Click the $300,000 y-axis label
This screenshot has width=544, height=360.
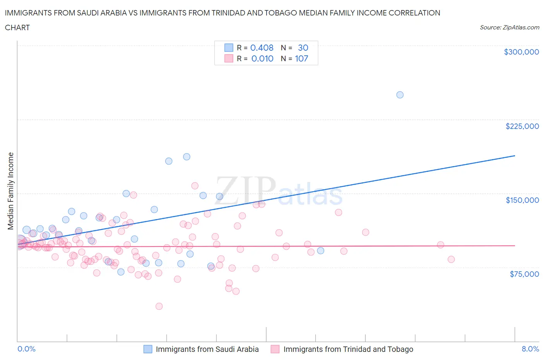coord(521,52)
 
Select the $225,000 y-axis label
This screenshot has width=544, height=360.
coord(522,126)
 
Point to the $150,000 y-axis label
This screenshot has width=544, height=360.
coord(522,200)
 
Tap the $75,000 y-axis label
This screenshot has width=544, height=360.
coord(524,274)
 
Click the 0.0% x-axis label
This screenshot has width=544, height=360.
coord(26,349)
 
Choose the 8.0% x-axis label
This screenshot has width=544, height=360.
coord(530,349)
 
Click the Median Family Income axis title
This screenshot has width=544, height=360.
coord(10,191)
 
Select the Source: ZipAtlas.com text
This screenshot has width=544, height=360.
coord(509,27)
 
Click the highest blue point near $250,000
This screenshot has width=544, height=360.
coord(400,95)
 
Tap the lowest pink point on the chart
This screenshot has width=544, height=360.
coord(159,306)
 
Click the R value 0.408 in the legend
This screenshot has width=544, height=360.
coord(262,48)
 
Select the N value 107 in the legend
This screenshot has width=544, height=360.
coord(301,58)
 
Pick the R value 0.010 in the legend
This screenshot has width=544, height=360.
coord(262,58)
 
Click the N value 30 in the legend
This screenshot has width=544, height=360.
coord(303,48)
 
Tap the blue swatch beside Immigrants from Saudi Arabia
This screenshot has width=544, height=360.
coord(148,349)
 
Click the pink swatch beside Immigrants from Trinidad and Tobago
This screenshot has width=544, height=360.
coord(275,349)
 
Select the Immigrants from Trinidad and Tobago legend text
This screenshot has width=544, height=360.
coord(348,349)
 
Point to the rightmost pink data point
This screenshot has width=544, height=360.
coord(451,259)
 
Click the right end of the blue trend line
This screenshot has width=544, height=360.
coord(515,156)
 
